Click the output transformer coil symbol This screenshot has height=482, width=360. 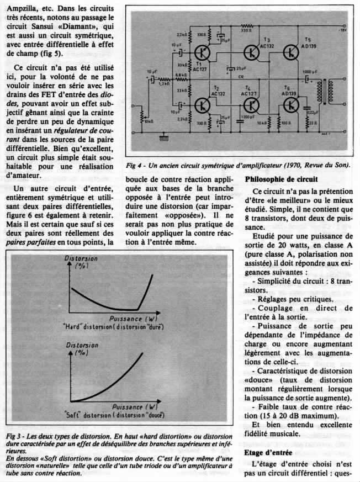[319, 97]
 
